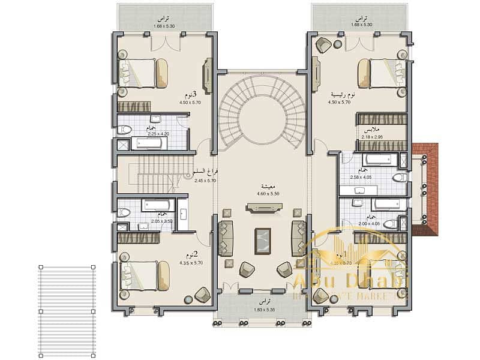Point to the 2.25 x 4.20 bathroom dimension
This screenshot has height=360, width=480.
(158, 134)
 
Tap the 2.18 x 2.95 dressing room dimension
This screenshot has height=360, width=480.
(371, 137)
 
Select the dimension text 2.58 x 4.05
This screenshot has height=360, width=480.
(362, 178)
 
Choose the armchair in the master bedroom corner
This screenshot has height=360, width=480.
(323, 45)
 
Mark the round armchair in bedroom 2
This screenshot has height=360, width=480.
(202, 294)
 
